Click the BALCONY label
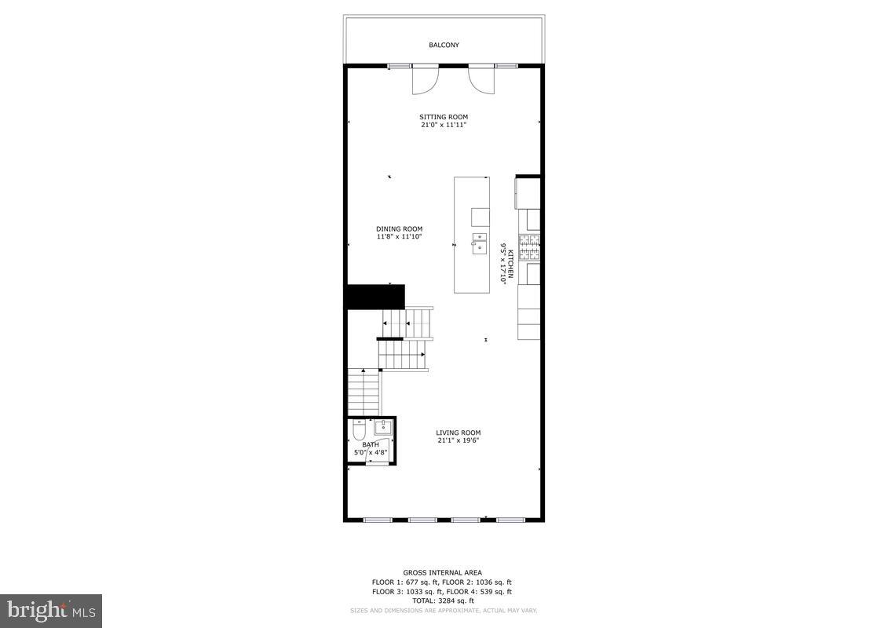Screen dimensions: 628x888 pos(444,45)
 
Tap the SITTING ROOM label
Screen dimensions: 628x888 pos(444,117)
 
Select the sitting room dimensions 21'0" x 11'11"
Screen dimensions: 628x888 pos(444,125)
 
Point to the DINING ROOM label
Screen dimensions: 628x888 pos(399,229)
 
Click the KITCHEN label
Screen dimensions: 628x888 pos(510,265)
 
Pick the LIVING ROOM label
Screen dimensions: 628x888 pos(459,433)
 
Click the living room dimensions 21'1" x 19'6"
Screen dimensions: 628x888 pos(459,440)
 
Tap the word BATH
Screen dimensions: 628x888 pos(371,444)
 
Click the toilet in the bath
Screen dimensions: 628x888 pos(358,432)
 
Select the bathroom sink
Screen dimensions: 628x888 pos(383,428)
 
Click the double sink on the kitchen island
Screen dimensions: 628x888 pos(479,243)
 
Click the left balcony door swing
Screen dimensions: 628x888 pos(425,80)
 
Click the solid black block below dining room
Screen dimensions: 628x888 pos(376,297)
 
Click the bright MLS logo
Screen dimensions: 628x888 pos(50,610)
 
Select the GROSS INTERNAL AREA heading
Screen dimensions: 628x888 pos(443,573)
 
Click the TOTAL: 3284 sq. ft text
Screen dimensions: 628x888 pos(443,601)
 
